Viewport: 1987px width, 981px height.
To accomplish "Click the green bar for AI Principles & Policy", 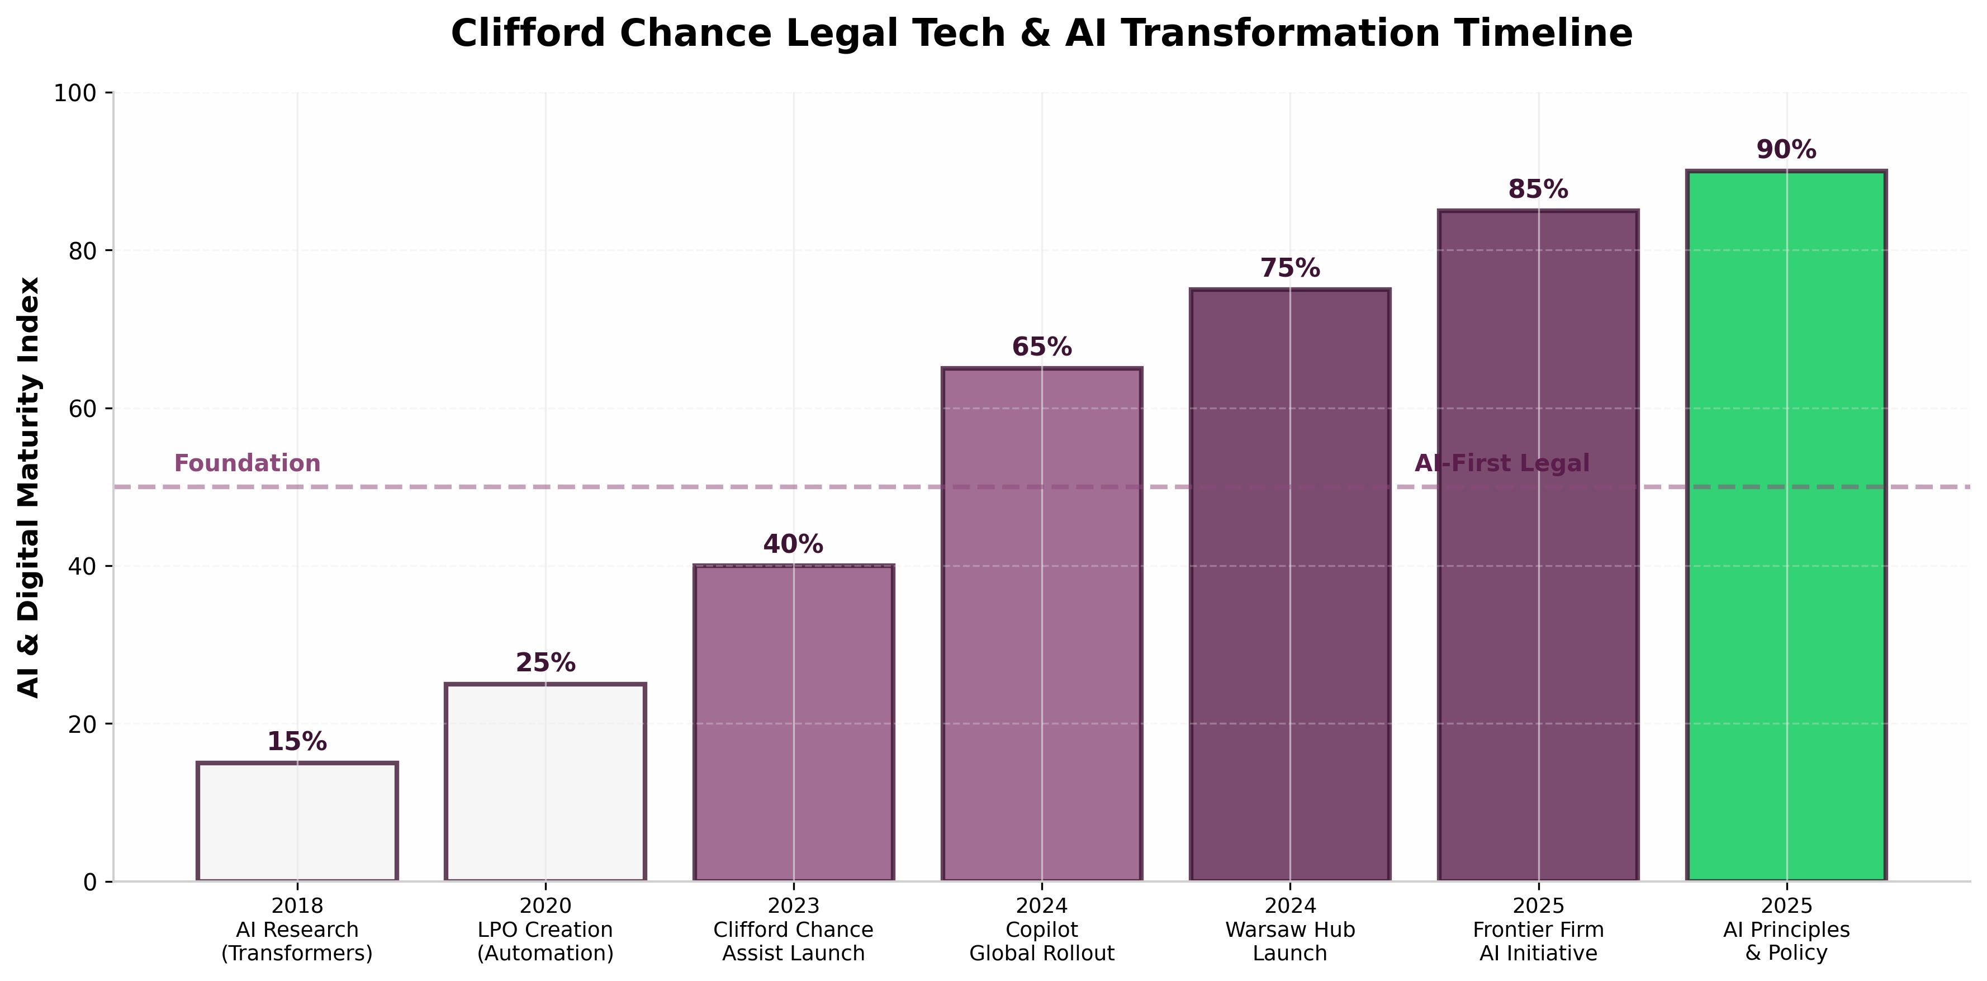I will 1786,524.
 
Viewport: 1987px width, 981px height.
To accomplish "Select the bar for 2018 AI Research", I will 297,821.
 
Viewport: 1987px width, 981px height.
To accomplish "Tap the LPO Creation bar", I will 546,782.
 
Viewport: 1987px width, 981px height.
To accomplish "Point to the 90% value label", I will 1786,150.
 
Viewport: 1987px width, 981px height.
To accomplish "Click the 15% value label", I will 297,742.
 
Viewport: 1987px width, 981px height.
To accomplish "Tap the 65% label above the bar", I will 1041,347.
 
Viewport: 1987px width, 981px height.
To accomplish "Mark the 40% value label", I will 793,544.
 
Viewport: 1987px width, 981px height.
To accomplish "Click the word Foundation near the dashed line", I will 247,463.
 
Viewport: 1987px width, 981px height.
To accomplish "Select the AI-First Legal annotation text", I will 1502,463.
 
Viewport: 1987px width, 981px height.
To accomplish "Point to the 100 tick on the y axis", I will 75,93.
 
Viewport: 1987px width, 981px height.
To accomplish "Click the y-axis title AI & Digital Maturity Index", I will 29,487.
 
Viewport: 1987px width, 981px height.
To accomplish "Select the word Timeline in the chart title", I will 1542,34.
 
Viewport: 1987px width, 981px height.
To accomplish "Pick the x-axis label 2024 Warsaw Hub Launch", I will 1289,930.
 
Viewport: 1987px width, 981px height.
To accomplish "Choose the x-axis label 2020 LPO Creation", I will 546,930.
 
